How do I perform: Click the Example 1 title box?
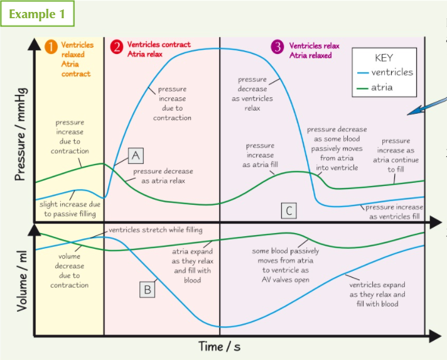pyautogui.click(x=37, y=14)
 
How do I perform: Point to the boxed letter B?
pyautogui.click(x=148, y=289)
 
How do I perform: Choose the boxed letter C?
pyautogui.click(x=288, y=211)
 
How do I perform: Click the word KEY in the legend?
pyautogui.click(x=383, y=58)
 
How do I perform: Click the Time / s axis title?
pyautogui.click(x=219, y=346)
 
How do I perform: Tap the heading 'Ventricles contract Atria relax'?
pyautogui.click(x=158, y=49)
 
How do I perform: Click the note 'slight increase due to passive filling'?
pyautogui.click(x=70, y=209)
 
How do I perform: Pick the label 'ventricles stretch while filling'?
pyautogui.click(x=155, y=230)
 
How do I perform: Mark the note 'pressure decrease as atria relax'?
pyautogui.click(x=163, y=176)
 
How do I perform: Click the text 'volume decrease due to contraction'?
pyautogui.click(x=70, y=271)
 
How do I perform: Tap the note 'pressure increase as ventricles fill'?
pyautogui.click(x=394, y=212)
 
